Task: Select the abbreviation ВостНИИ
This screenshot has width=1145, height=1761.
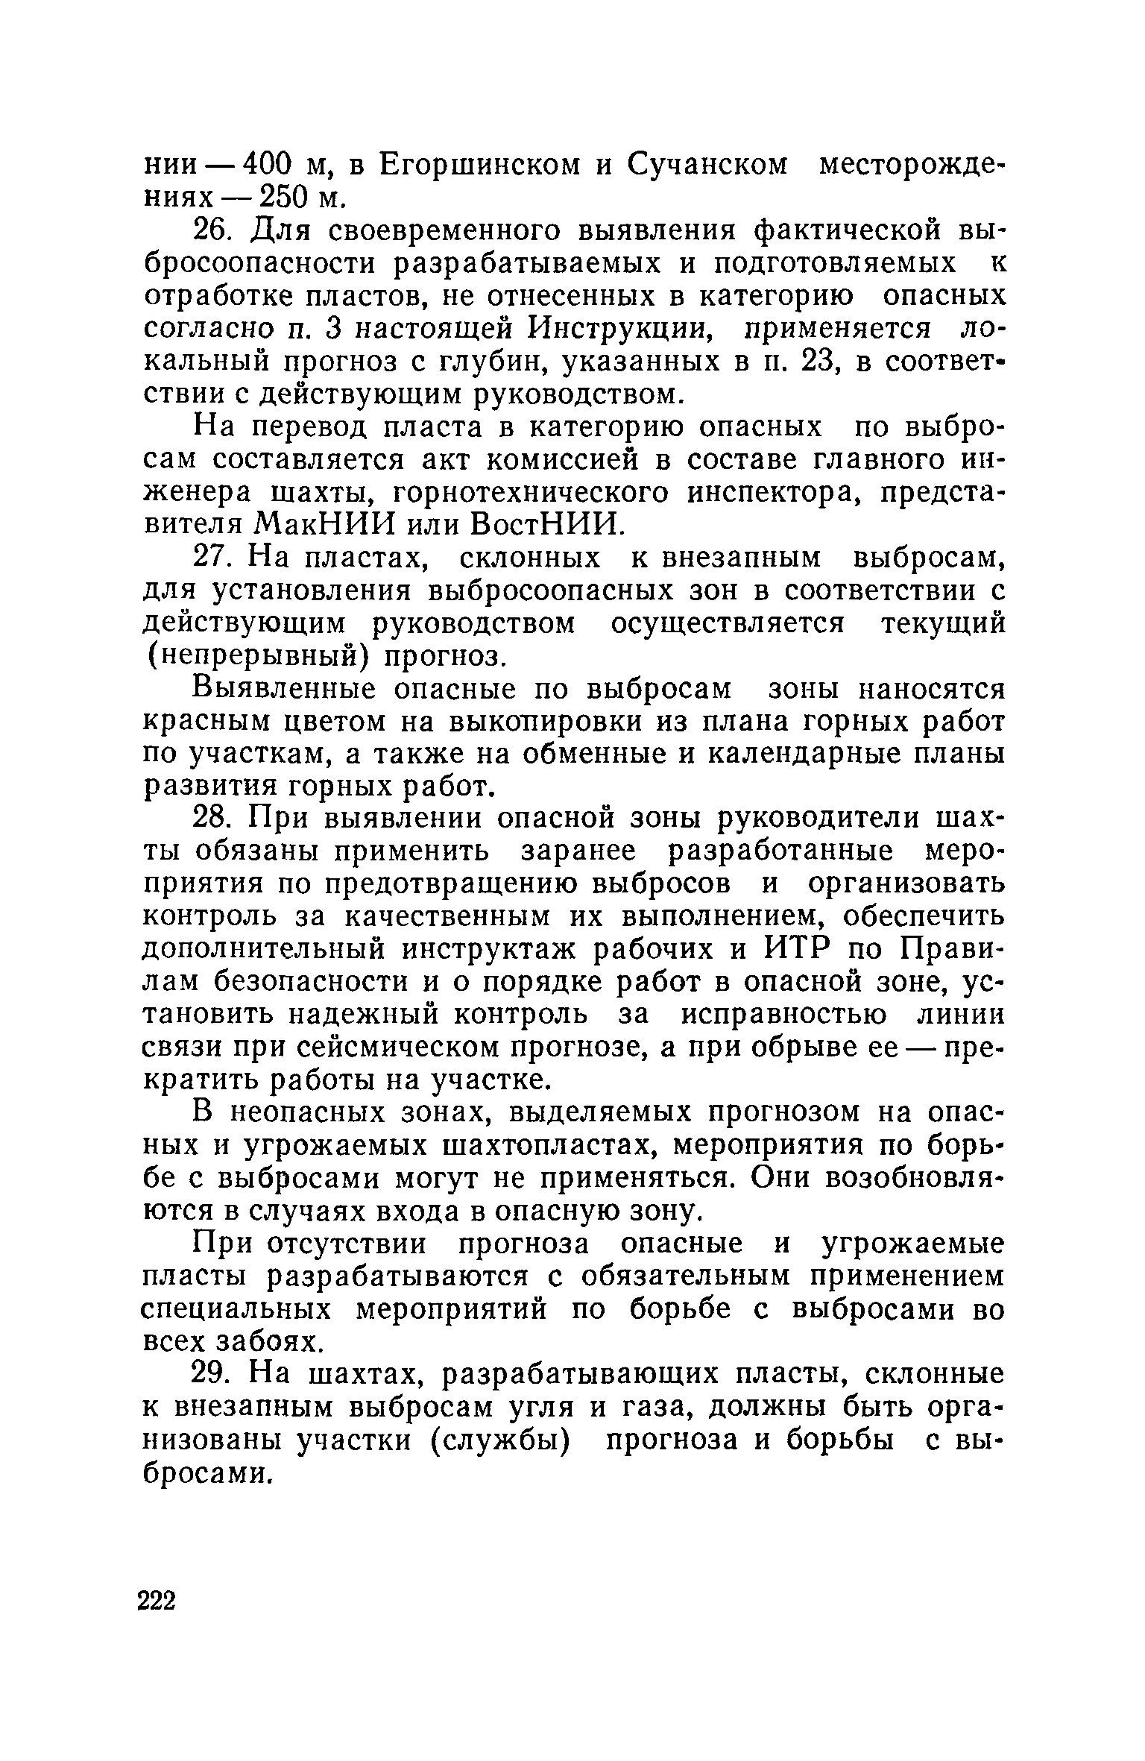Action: coord(546,525)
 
